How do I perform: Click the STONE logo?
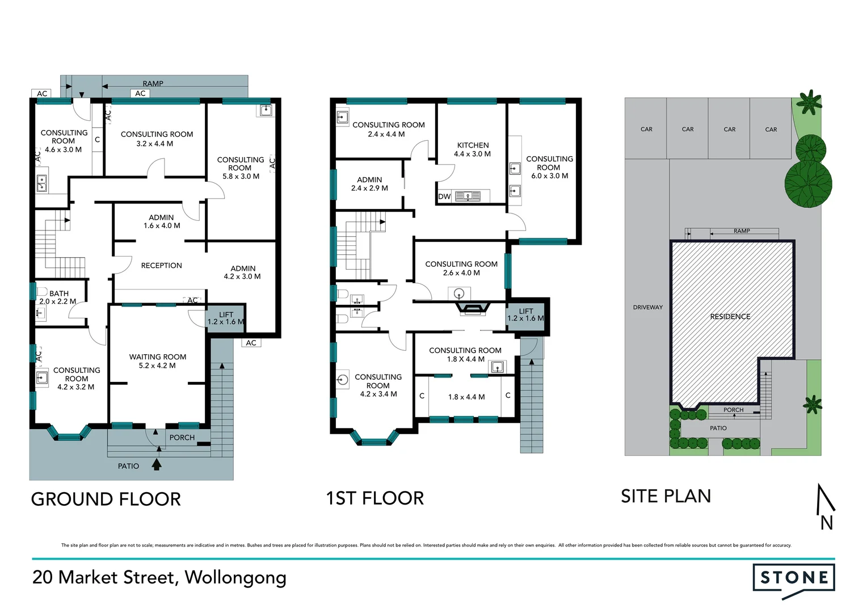pyautogui.click(x=793, y=578)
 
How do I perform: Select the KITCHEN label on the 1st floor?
pyautogui.click(x=473, y=145)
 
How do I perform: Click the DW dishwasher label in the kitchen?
pyautogui.click(x=444, y=196)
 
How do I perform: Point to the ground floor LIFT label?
pyautogui.click(x=226, y=315)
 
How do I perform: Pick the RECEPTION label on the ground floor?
pyautogui.click(x=161, y=265)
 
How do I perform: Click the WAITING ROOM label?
pyautogui.click(x=158, y=357)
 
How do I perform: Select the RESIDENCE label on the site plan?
pyautogui.click(x=730, y=317)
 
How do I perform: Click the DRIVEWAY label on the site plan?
pyautogui.click(x=647, y=307)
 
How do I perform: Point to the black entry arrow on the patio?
pyautogui.click(x=157, y=464)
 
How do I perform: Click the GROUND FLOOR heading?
pyautogui.click(x=106, y=499)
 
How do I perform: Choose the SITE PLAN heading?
pyautogui.click(x=666, y=496)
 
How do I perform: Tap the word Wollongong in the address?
pyautogui.click(x=235, y=577)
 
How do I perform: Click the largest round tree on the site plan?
pyautogui.click(x=808, y=184)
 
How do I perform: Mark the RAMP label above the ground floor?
pyautogui.click(x=153, y=83)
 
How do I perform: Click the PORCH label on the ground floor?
pyautogui.click(x=182, y=438)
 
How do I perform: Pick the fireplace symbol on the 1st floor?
pyautogui.click(x=472, y=309)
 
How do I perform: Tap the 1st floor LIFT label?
pyautogui.click(x=526, y=312)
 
